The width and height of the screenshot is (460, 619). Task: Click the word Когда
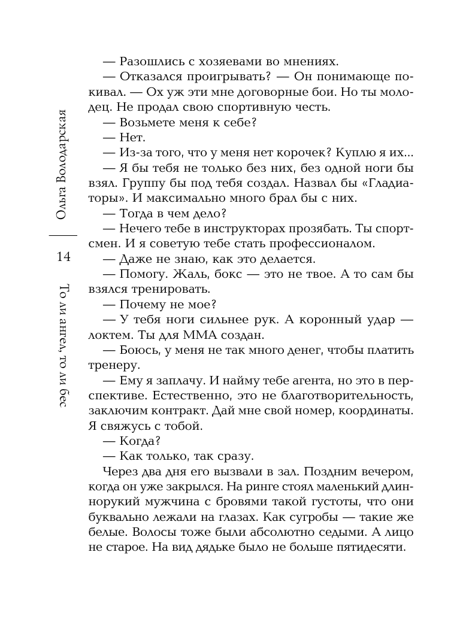point(140,442)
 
